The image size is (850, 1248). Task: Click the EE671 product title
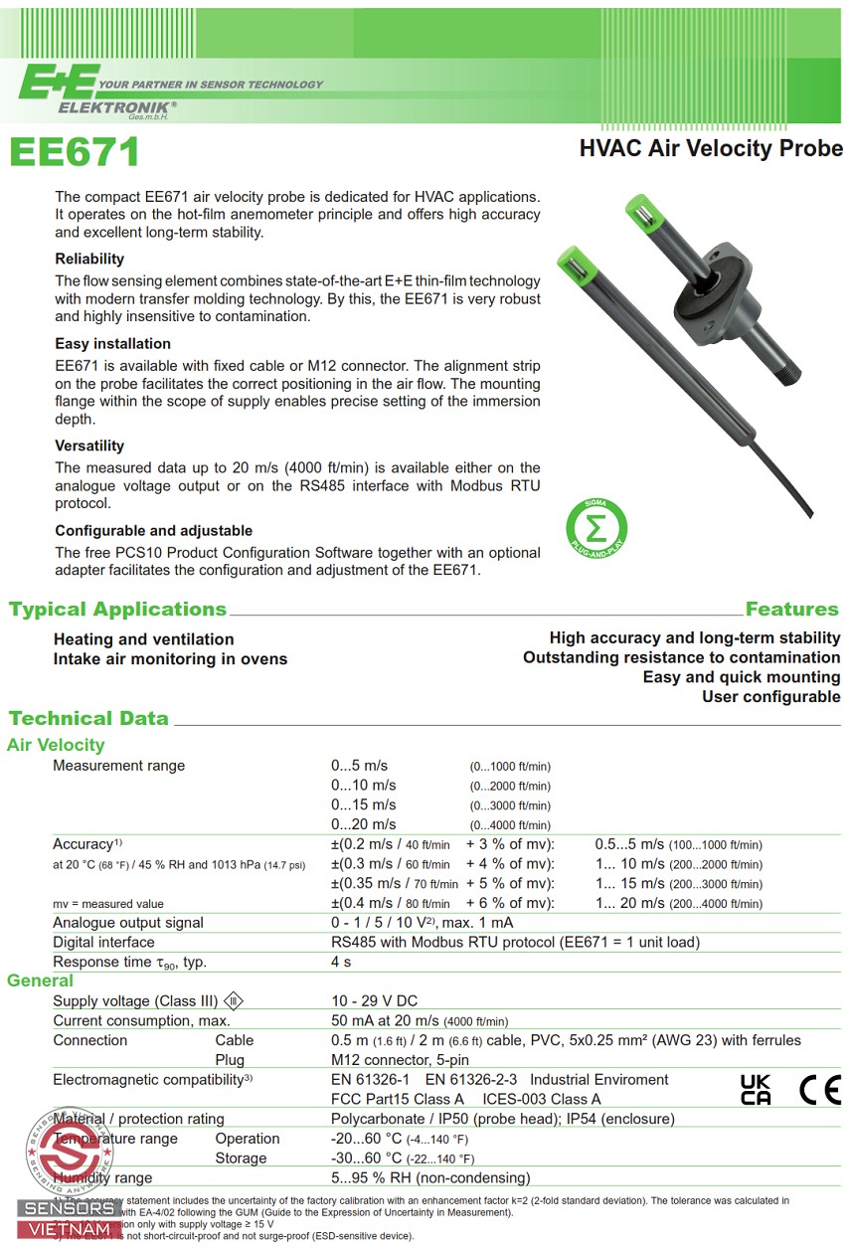[x=75, y=152]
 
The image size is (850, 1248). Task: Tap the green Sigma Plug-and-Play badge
[x=596, y=526]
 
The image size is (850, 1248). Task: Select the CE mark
[x=819, y=1090]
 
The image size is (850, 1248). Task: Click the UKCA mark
[x=756, y=1090]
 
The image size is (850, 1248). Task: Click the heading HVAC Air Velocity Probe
[x=711, y=149]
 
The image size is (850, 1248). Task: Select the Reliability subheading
[x=89, y=260]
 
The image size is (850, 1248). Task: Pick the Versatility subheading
[x=89, y=446]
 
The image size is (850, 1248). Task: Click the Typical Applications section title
[x=117, y=609]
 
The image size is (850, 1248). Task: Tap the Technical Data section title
[x=88, y=718]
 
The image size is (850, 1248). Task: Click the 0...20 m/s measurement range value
[x=363, y=823]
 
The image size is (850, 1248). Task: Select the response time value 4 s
[x=341, y=962]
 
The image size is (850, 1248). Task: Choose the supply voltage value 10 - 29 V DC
[x=376, y=1000]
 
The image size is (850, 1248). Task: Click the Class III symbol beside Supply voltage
[x=233, y=1000]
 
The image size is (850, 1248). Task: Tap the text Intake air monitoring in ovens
[x=170, y=659]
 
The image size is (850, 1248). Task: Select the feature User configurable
[x=770, y=697]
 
